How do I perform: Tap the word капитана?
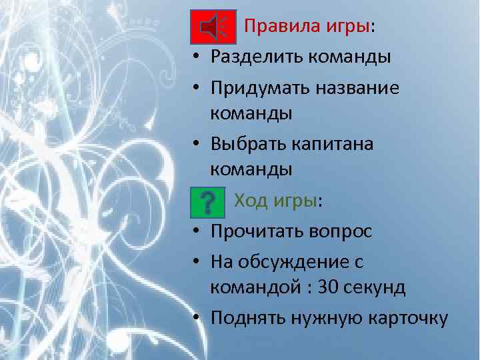coord(340,144)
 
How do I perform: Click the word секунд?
coord(377,287)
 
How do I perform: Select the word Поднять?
coord(247,318)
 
